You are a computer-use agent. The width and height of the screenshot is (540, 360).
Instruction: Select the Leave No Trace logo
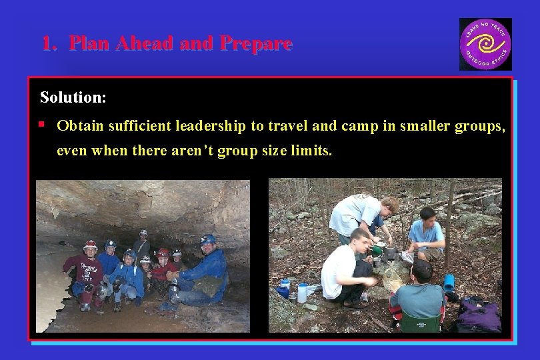(x=485, y=44)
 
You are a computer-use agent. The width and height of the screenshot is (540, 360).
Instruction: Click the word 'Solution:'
(x=73, y=97)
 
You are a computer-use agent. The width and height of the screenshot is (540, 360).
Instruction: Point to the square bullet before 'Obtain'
(x=41, y=124)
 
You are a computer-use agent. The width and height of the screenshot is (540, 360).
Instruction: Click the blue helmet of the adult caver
(x=208, y=239)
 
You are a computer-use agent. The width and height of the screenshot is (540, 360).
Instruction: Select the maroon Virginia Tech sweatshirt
(x=87, y=272)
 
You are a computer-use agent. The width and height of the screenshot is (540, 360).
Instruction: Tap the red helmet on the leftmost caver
(x=90, y=245)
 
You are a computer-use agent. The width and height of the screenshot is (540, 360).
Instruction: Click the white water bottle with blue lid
(x=303, y=292)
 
